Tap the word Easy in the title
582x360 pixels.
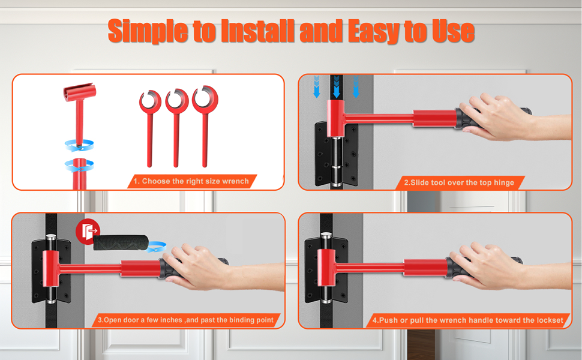pos(375,31)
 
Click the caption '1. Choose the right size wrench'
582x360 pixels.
pos(191,181)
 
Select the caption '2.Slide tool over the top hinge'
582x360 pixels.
pos(459,182)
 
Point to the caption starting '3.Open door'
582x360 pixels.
pos(185,320)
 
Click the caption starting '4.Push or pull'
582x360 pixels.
pos(467,320)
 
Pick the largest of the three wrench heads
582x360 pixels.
pos(205,99)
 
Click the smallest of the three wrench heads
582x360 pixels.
pos(150,101)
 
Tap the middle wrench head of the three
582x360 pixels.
pos(176,100)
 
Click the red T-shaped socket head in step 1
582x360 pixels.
pos(79,92)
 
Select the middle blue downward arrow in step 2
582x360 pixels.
pos(336,87)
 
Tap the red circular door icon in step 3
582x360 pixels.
pos(88,232)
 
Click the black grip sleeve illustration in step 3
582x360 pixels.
pos(121,243)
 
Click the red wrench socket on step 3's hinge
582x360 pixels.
pos(51,269)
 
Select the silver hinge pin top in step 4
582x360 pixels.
pos(326,235)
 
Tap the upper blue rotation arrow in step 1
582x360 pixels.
pos(79,145)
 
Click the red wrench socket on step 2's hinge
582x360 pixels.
pos(335,119)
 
